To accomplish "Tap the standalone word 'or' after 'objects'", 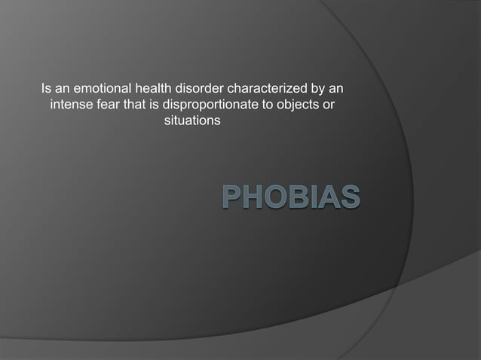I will click(x=329, y=105).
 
